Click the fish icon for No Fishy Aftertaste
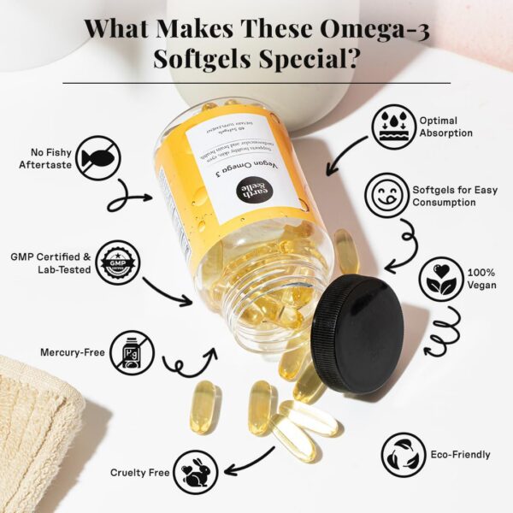(x=98, y=159)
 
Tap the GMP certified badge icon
(x=118, y=261)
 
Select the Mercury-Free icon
(x=132, y=351)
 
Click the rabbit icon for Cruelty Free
(x=196, y=472)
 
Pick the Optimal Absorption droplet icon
(x=393, y=127)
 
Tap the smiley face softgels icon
(x=386, y=195)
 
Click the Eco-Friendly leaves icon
(x=403, y=454)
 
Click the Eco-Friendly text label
(x=461, y=455)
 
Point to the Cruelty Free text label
(x=139, y=472)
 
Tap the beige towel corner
(x=38, y=427)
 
